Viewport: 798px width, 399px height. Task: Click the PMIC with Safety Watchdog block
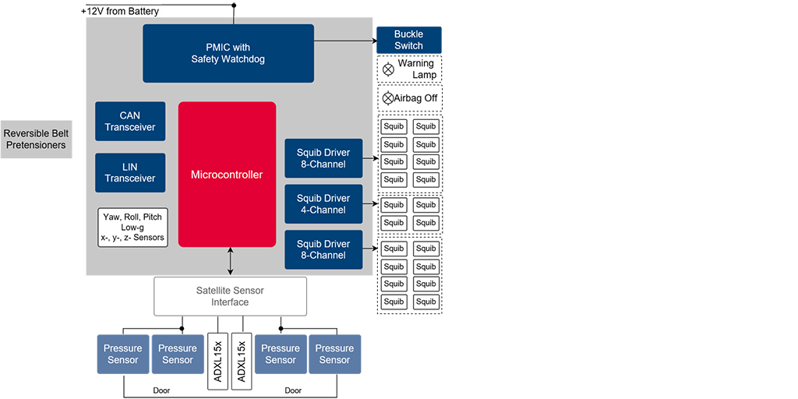[x=228, y=53]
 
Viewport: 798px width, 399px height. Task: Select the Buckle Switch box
[x=408, y=40]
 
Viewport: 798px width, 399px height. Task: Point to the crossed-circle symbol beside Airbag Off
[x=388, y=98]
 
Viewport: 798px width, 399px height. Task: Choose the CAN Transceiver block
[x=130, y=122]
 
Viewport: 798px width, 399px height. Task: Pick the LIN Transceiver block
[x=130, y=172]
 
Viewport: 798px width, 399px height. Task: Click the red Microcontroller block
[x=227, y=175]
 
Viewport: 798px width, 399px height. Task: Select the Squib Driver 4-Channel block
[x=323, y=204]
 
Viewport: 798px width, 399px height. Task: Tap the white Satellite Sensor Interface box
[x=230, y=296]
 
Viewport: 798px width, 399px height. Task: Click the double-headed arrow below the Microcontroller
[x=231, y=261]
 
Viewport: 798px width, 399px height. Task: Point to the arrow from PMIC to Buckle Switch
[x=344, y=40]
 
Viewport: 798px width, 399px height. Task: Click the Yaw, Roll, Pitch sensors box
[x=132, y=227]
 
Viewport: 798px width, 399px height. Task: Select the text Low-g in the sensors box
[x=132, y=227]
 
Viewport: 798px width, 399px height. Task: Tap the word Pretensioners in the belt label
[x=36, y=145]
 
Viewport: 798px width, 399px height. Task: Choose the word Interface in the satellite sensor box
[x=230, y=302]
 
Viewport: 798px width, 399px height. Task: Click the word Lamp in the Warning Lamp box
[x=425, y=75]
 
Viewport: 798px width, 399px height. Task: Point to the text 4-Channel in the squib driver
[x=323, y=210]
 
